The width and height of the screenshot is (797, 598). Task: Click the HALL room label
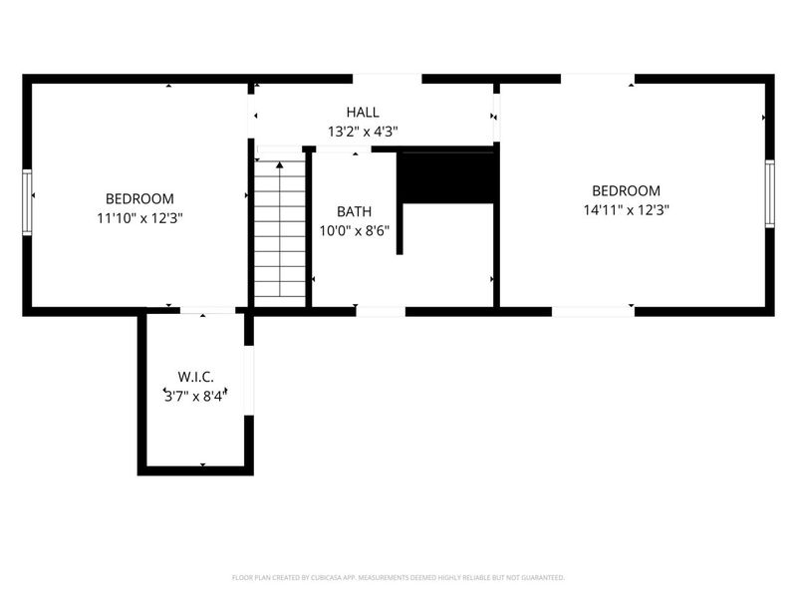(363, 113)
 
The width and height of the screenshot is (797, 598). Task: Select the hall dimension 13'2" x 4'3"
(363, 131)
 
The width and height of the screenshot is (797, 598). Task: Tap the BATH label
(354, 211)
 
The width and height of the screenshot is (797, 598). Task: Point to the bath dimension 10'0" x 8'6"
(354, 229)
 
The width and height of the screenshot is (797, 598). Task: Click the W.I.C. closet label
(195, 377)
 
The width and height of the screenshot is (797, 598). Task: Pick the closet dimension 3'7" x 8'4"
(195, 395)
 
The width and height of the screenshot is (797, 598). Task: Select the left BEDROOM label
(140, 198)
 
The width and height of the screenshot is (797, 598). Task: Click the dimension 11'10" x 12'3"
(140, 216)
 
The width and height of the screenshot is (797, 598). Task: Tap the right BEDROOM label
(626, 190)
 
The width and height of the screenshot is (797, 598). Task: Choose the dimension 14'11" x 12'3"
(626, 209)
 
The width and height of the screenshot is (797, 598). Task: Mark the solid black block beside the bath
(446, 176)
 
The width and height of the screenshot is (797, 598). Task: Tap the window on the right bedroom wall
(769, 193)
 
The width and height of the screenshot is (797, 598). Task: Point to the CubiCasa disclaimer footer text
(398, 577)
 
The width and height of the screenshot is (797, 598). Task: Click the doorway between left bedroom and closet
(207, 311)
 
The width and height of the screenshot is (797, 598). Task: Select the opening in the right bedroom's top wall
(598, 78)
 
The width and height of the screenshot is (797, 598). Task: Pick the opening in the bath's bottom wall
(381, 311)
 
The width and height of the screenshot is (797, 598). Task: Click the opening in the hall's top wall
(387, 78)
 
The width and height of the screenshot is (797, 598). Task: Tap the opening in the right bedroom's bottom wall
(593, 311)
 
